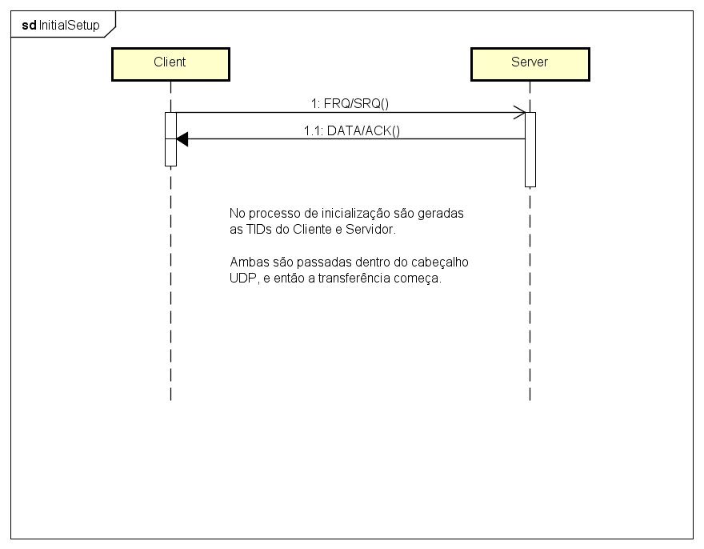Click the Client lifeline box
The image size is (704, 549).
tap(170, 64)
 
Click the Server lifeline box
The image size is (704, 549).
tap(530, 64)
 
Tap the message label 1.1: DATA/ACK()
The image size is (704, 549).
tap(351, 130)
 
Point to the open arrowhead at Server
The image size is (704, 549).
tap(519, 113)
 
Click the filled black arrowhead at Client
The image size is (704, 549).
tap(182, 139)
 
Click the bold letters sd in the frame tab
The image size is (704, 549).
tap(30, 25)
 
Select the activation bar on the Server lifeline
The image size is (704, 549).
tap(530, 149)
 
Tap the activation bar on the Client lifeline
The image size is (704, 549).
tap(170, 139)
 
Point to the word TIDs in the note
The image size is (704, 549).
tap(259, 230)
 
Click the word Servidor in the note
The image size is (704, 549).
tap(370, 230)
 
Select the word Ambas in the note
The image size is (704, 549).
tap(248, 262)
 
